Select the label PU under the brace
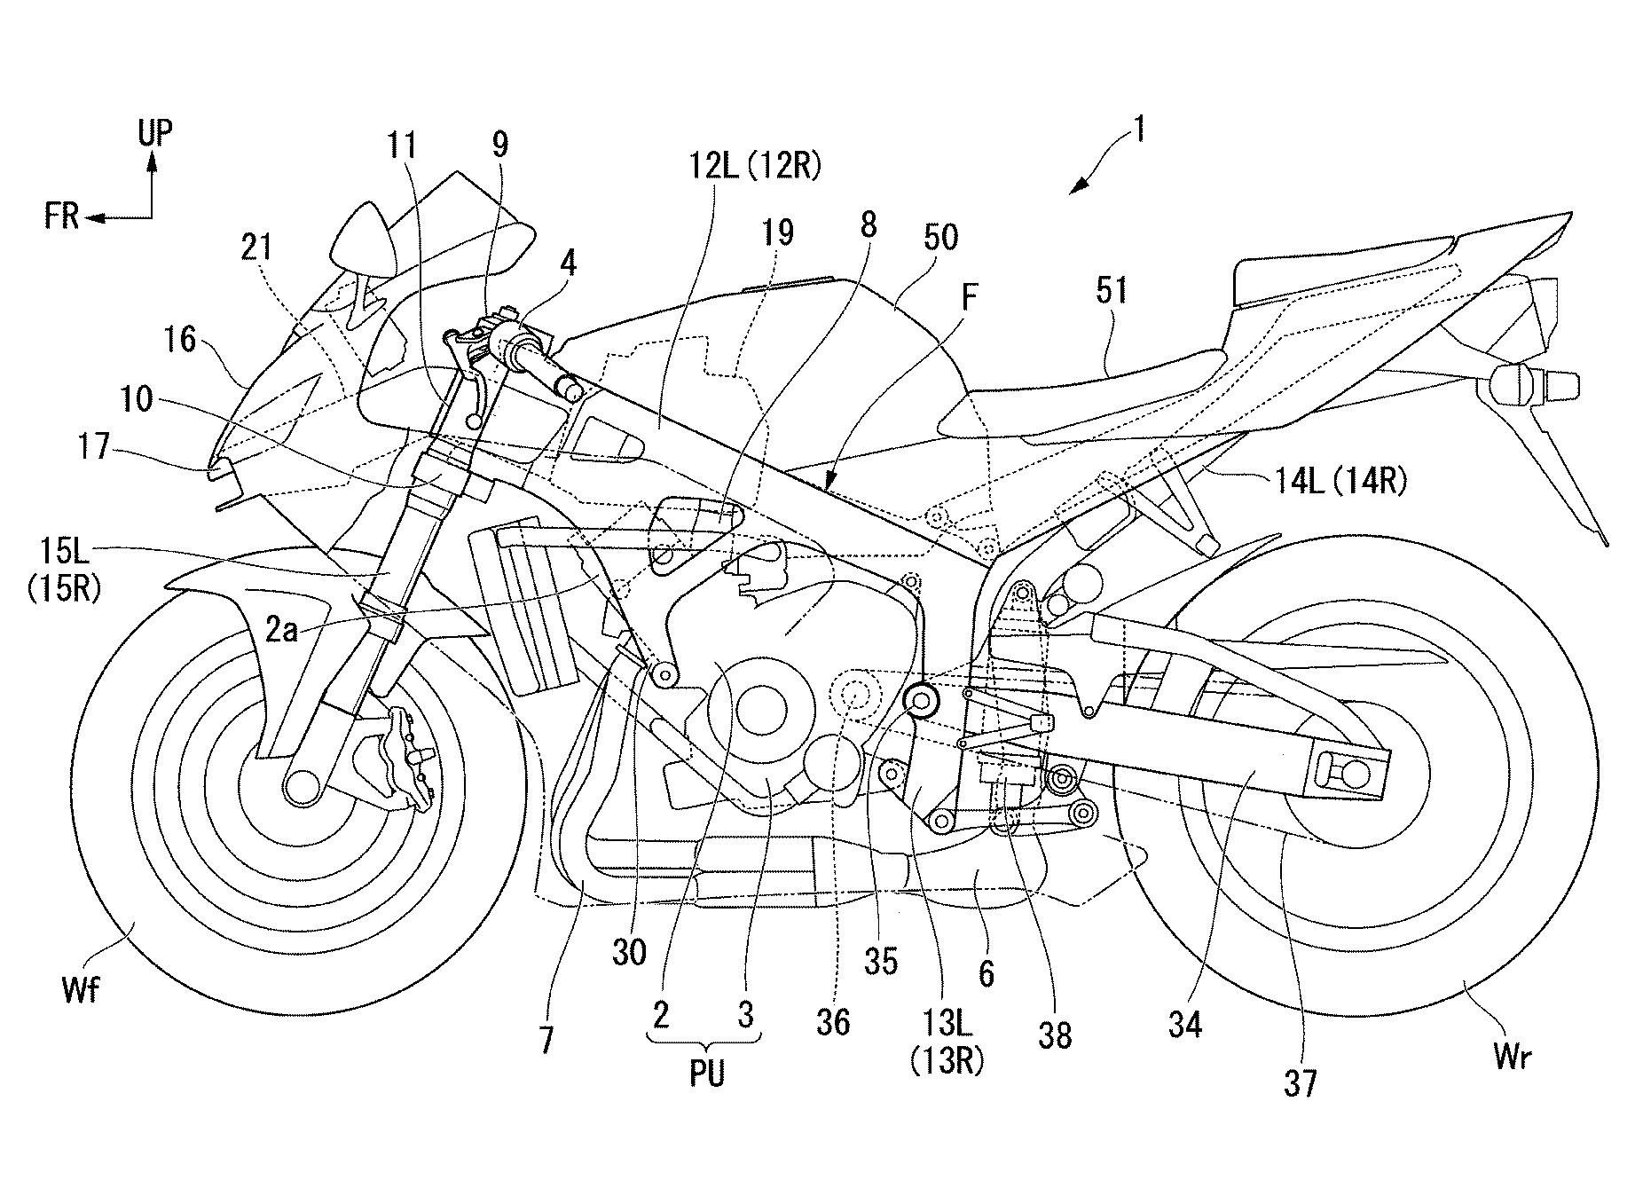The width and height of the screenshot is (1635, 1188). click(x=707, y=1074)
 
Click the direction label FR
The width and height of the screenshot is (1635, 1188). click(x=62, y=216)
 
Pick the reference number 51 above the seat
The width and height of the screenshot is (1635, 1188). click(x=1111, y=290)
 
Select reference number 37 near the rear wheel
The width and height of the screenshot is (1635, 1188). click(x=1300, y=1083)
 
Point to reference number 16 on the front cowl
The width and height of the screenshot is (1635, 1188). click(x=182, y=340)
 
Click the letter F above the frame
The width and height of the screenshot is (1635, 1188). click(x=969, y=297)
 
